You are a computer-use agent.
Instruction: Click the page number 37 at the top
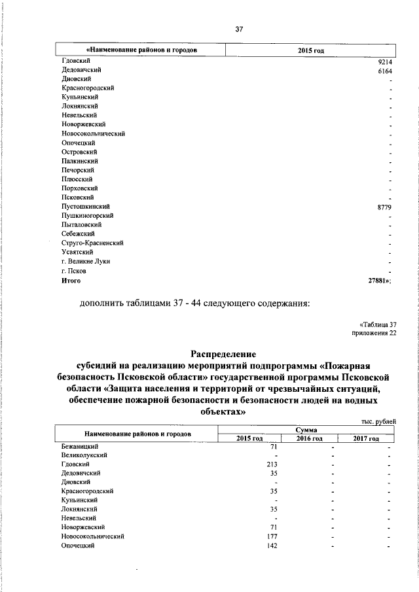coord(239,29)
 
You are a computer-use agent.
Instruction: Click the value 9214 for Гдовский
coord(385,60)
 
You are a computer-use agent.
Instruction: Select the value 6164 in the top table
coord(385,70)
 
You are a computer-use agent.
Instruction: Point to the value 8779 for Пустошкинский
coord(385,207)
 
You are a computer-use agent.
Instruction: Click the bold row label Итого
coord(71,280)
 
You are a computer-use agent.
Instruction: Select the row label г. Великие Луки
coord(85,262)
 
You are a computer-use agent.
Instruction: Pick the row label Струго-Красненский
coord(92,243)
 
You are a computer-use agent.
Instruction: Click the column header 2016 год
coord(310,438)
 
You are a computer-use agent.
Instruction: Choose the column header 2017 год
coord(367,438)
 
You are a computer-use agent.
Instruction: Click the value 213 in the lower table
coord(274,464)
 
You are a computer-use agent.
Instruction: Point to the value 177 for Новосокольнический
coord(274,536)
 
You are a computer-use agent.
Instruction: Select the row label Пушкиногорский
coord(88,215)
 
